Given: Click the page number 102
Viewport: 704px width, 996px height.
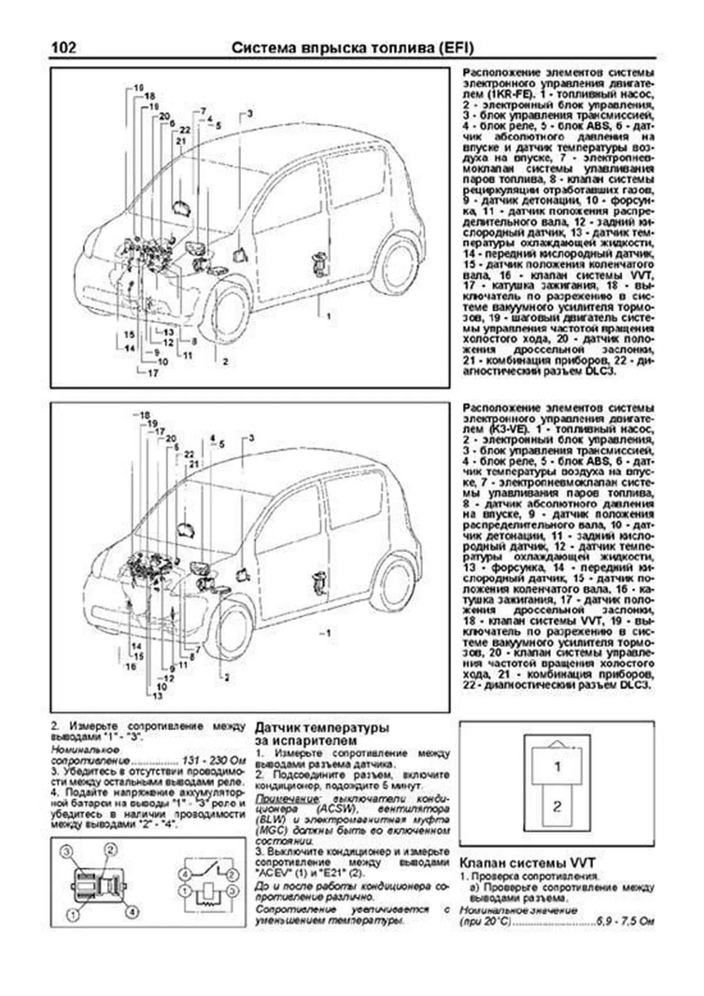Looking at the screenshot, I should pyautogui.click(x=63, y=48).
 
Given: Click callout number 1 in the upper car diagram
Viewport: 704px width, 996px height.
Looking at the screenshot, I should pyautogui.click(x=329, y=316).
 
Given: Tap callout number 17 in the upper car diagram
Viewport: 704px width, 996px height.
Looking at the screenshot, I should pyautogui.click(x=152, y=372).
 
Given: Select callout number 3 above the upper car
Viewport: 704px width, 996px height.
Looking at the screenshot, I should pyautogui.click(x=250, y=113).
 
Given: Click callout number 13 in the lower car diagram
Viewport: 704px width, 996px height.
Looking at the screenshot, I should pyautogui.click(x=157, y=696).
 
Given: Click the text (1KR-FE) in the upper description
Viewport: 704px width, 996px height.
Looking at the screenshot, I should pyautogui.click(x=485, y=94).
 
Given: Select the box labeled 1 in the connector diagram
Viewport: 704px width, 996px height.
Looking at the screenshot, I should pyautogui.click(x=557, y=767).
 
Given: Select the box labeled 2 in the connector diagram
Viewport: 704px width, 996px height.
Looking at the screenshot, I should pyautogui.click(x=557, y=806).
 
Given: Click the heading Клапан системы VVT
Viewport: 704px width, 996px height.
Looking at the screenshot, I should pyautogui.click(x=526, y=863).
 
